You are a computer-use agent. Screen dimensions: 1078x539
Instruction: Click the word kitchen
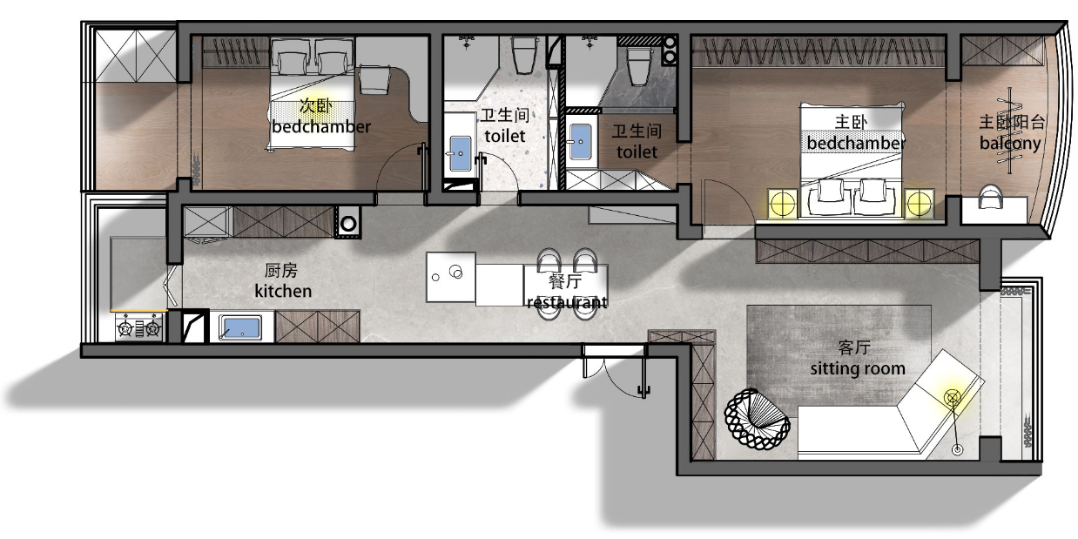tap(283, 291)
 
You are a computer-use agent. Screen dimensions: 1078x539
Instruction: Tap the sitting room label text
tap(858, 368)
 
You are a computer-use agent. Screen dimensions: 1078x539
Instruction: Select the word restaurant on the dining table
tap(567, 302)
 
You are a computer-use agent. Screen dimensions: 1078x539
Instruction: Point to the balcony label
tap(1010, 143)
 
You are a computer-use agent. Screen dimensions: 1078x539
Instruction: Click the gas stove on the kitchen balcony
tap(138, 328)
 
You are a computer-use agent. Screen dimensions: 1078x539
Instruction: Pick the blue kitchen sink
tap(240, 327)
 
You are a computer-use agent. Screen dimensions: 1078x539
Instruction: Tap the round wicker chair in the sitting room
tap(757, 419)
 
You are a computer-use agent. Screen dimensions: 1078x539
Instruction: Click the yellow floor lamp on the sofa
tap(953, 398)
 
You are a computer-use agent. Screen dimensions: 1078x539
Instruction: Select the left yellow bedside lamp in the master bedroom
tap(782, 204)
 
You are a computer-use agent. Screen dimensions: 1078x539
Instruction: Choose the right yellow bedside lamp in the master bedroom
tap(920, 204)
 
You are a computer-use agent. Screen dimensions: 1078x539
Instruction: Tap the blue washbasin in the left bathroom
tap(461, 153)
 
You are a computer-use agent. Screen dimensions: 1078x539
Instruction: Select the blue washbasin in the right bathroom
tap(580, 143)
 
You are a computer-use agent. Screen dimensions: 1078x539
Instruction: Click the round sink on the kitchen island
tap(455, 272)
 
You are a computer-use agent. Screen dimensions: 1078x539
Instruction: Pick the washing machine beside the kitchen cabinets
tap(348, 223)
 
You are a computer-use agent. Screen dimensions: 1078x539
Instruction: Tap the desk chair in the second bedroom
tap(374, 79)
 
